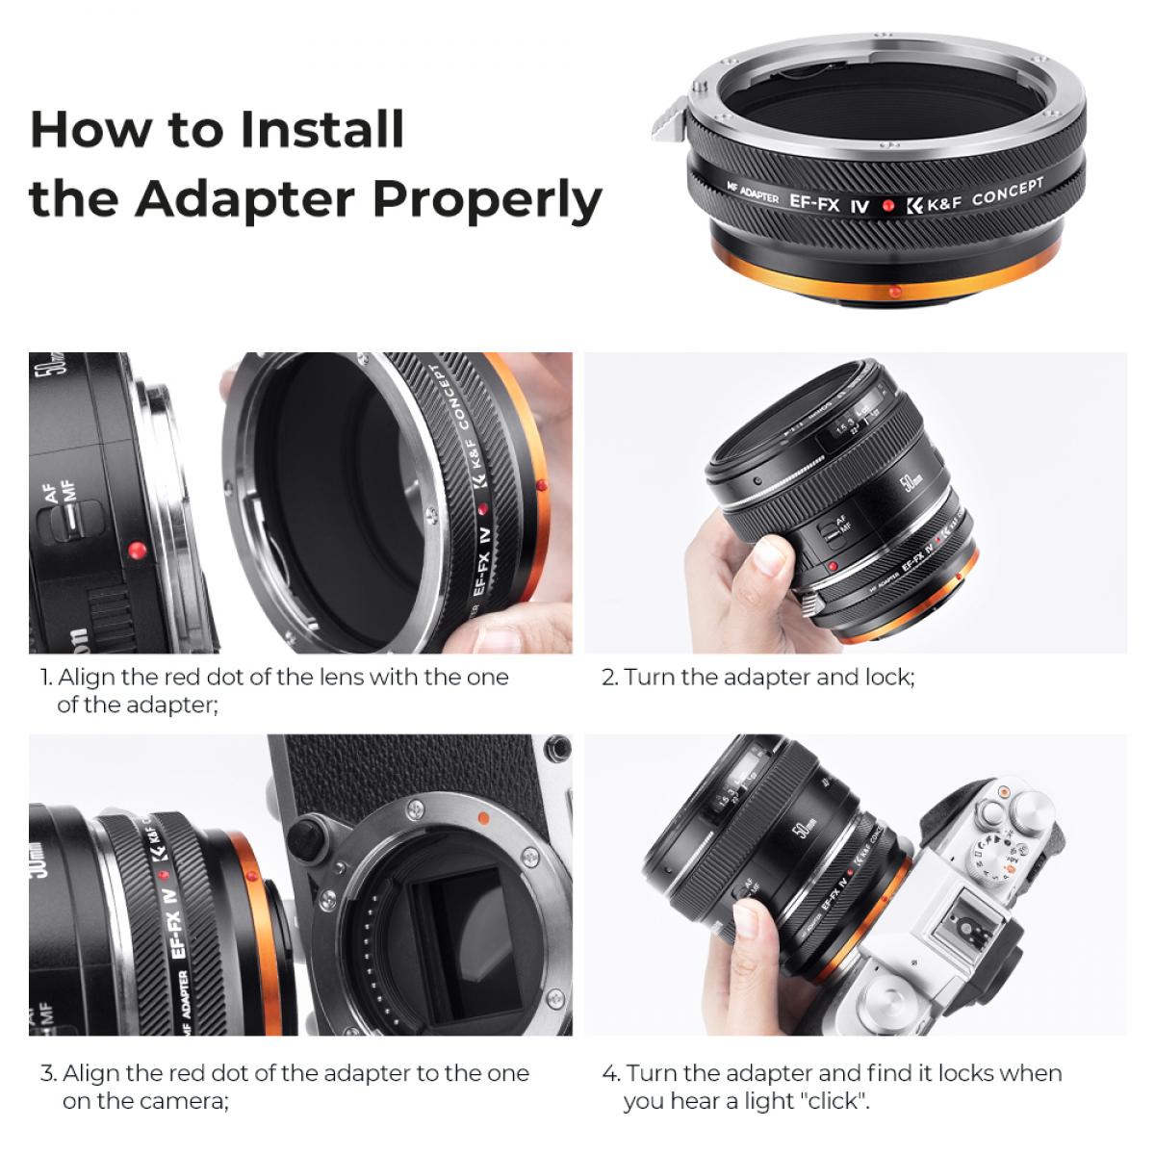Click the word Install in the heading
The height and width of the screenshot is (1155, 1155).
tap(321, 130)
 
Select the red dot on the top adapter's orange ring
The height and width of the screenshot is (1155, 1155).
tap(894, 290)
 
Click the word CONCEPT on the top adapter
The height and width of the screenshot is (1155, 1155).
tap(1007, 192)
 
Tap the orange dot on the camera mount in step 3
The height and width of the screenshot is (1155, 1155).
tap(483, 816)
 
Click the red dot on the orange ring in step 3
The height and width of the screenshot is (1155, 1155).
tap(249, 876)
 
